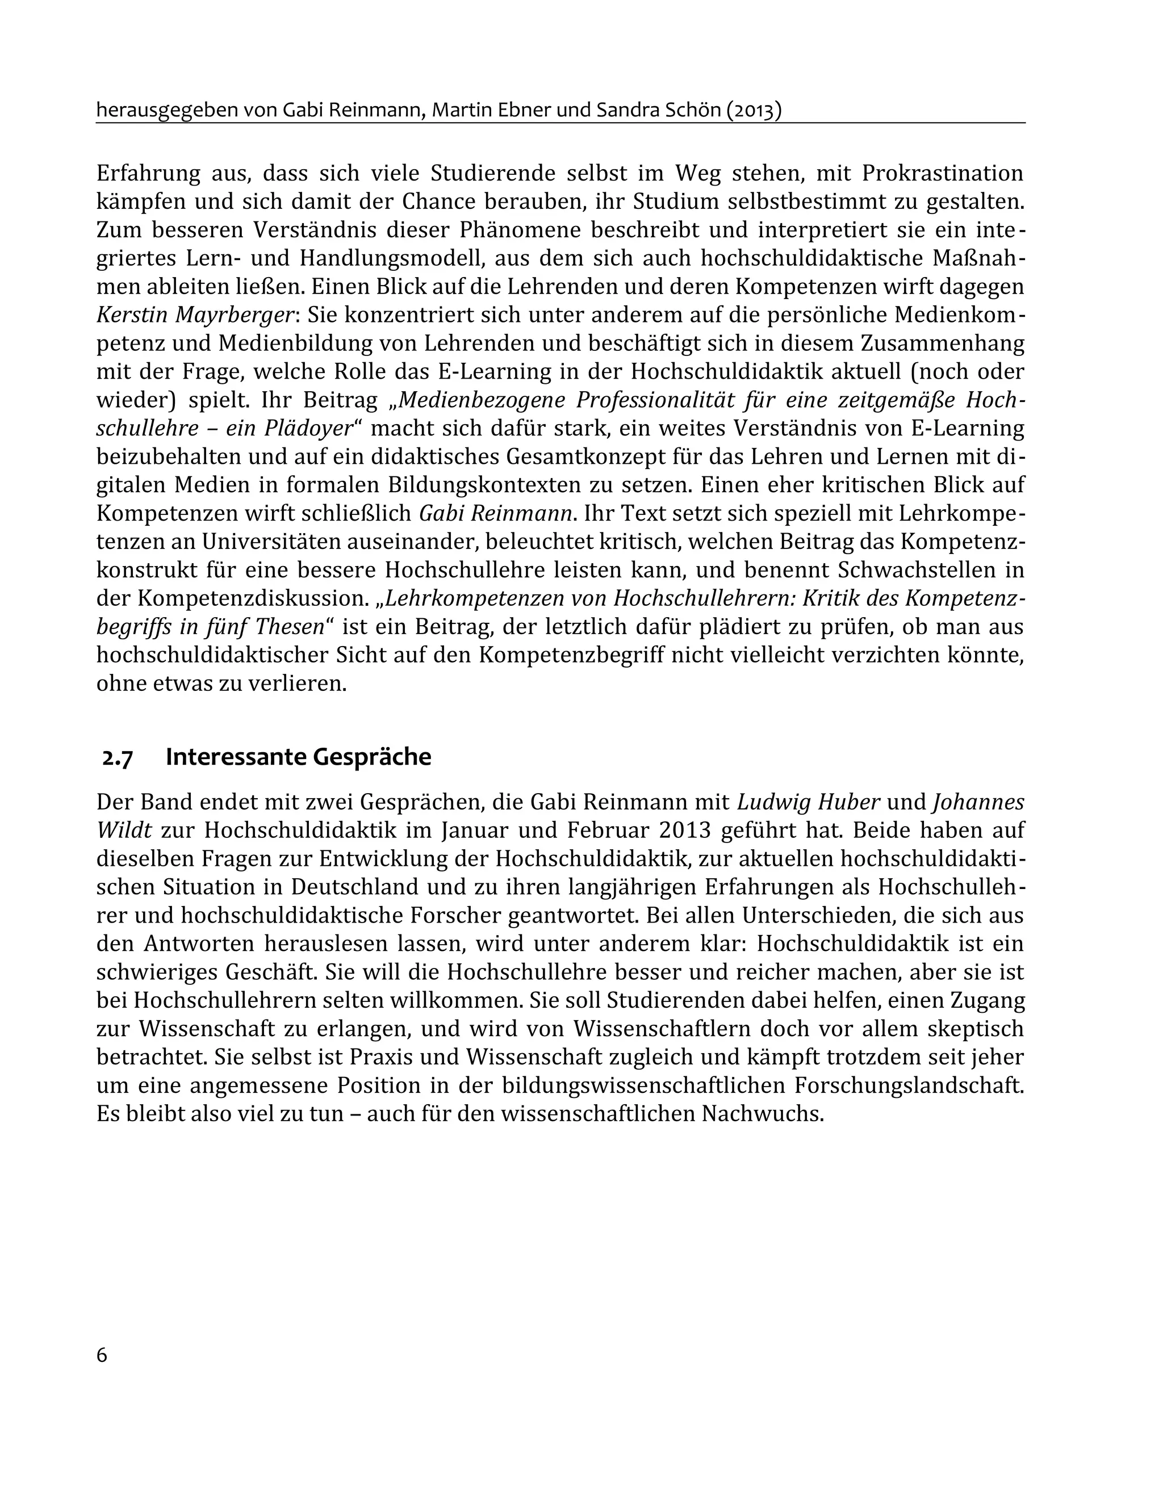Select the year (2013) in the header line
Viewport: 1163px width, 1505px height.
tap(754, 110)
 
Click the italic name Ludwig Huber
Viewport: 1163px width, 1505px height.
tap(809, 802)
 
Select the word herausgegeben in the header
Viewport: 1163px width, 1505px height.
tap(165, 110)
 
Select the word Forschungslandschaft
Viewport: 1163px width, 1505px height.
tap(908, 1085)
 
